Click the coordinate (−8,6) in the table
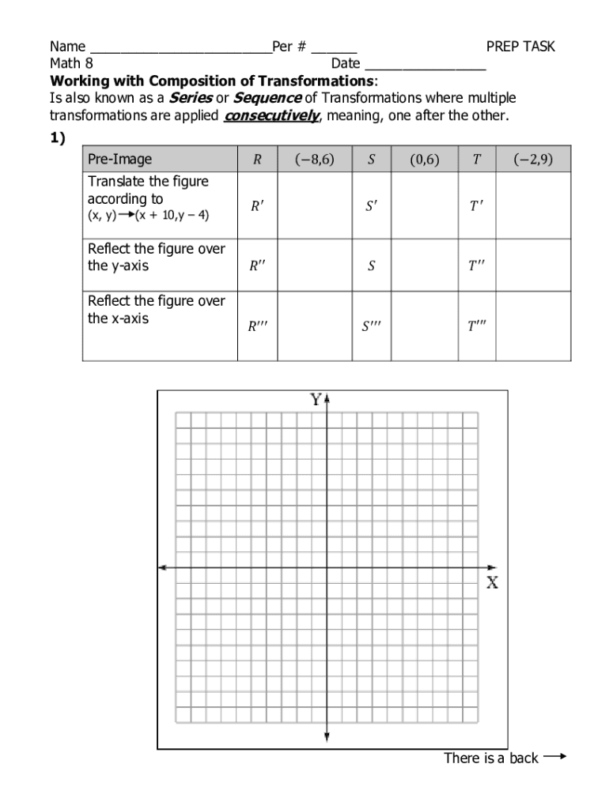[x=315, y=159]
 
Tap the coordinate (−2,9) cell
[x=533, y=159]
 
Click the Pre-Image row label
[x=119, y=160]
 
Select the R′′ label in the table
[x=258, y=266]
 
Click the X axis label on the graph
[x=492, y=583]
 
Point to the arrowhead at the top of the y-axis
[x=327, y=397]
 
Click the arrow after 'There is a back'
[x=555, y=757]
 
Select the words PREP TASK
[x=520, y=47]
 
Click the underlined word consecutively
[x=271, y=116]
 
